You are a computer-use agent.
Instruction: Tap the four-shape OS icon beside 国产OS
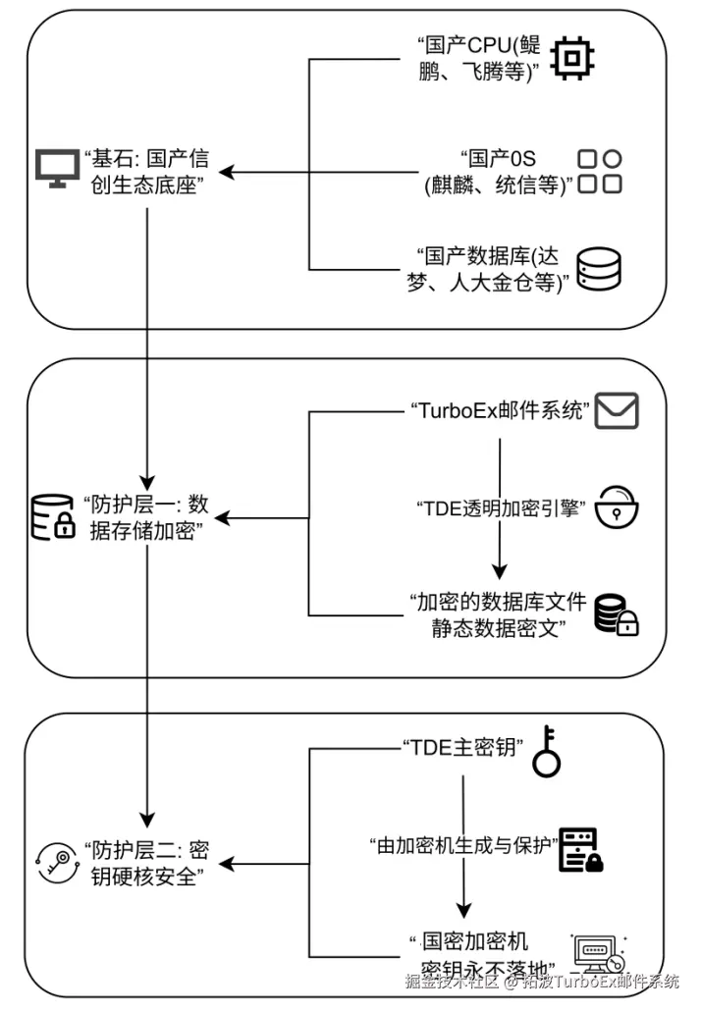point(599,172)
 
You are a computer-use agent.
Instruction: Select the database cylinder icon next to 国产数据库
point(598,268)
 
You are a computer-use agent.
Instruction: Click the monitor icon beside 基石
point(57,169)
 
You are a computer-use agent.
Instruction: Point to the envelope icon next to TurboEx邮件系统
point(617,409)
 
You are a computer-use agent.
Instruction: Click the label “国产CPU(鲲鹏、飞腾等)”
point(478,59)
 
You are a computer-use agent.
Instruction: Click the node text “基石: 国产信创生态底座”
point(147,171)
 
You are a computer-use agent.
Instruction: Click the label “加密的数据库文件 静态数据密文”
point(497,615)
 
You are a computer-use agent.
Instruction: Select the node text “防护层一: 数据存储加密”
point(147,518)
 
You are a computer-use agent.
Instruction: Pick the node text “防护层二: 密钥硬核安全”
point(147,863)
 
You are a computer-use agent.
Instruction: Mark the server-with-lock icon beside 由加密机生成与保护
point(580,851)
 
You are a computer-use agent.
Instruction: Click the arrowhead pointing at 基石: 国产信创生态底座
point(226,174)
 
